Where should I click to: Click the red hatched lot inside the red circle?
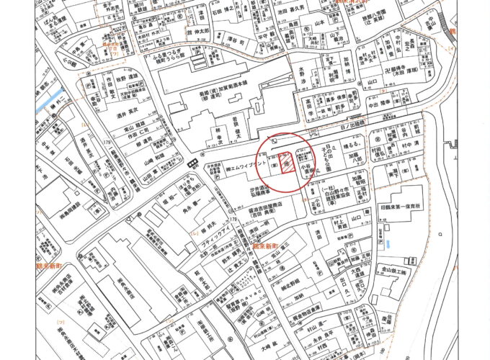(287, 163)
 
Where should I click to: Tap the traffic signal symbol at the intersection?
(192, 164)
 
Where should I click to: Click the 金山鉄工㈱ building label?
(410, 274)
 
